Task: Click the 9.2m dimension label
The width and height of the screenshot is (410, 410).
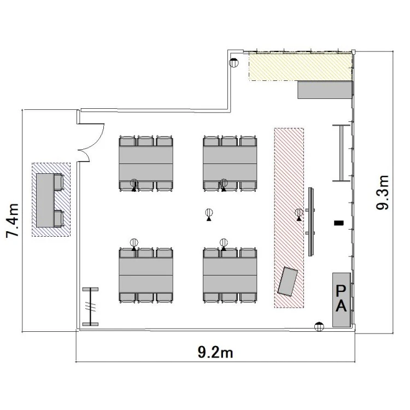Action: pos(215,352)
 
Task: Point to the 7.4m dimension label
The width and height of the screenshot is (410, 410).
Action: pos(13,220)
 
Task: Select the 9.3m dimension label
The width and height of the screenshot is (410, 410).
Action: pos(383,192)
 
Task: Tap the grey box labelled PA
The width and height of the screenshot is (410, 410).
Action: pos(342,300)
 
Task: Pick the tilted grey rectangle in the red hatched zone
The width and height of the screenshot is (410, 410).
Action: pos(288,282)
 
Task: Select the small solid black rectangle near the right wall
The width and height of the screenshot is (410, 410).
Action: pos(339,223)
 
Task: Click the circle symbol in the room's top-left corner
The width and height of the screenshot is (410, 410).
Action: pos(234,63)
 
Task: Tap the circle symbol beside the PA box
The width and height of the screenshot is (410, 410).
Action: pos(319,326)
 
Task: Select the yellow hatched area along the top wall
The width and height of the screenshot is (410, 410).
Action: pos(300,67)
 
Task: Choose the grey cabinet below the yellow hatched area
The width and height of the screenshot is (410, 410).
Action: pos(325,90)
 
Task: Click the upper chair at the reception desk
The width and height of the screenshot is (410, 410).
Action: pos(59,182)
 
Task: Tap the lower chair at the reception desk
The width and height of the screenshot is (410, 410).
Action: pos(59,219)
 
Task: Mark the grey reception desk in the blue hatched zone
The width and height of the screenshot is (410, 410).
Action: pos(45,200)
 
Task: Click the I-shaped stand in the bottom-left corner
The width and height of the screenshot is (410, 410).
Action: pos(90,307)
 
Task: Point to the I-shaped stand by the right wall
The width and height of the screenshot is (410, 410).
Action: pos(341,153)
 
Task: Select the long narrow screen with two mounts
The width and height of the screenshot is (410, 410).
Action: pos(311,222)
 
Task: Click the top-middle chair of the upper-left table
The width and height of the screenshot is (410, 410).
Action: pos(145,141)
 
